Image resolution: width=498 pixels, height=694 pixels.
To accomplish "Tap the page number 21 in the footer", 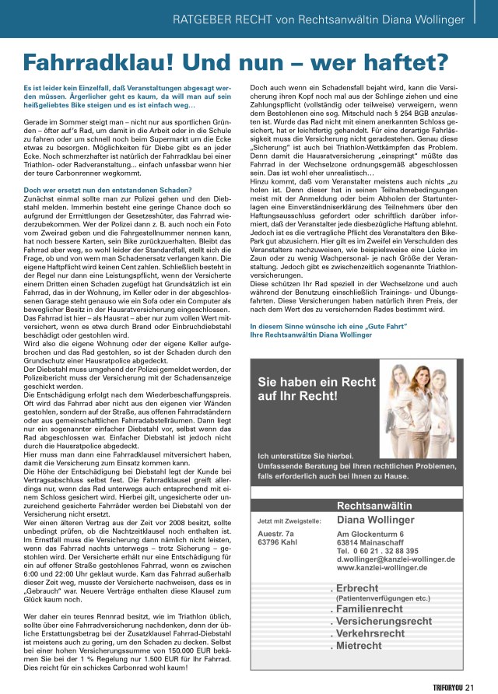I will click(x=471, y=685).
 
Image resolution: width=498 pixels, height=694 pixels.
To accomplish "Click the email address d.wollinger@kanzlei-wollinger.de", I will click(x=395, y=559).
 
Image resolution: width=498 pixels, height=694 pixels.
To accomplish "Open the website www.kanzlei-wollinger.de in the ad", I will click(x=381, y=568).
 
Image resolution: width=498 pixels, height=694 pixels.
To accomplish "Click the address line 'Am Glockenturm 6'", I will click(x=370, y=534).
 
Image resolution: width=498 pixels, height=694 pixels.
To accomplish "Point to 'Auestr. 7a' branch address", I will click(x=274, y=533).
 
